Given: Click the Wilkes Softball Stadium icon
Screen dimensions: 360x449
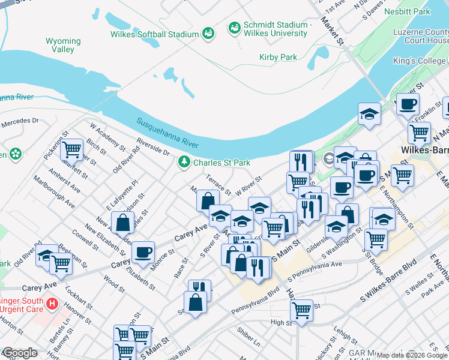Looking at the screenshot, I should [208, 33].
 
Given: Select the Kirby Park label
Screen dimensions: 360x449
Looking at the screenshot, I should [278, 57].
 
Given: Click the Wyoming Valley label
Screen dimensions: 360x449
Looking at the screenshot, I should [63, 46].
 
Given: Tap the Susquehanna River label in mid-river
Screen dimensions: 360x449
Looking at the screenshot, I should [167, 133].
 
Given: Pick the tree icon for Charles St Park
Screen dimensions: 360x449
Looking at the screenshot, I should [184, 162].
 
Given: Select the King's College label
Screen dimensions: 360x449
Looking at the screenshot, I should [420, 61].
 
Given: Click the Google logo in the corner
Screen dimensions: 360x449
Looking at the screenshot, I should [19, 353].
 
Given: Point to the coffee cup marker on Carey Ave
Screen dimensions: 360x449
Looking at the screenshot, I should [142, 253].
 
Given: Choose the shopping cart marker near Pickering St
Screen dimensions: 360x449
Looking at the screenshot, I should [71, 148].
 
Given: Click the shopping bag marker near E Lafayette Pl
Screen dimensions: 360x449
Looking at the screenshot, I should [122, 223].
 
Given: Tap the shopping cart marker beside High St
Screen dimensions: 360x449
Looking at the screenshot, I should [301, 310].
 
